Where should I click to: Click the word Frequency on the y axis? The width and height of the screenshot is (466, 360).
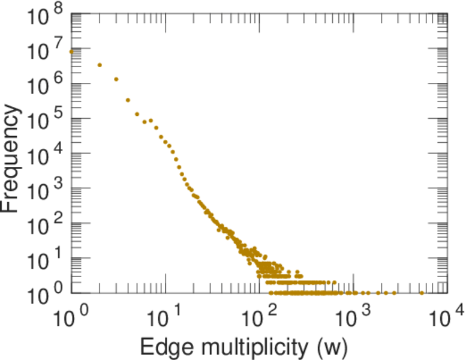tap(13, 159)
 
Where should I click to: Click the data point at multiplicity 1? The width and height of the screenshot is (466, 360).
tap(71, 52)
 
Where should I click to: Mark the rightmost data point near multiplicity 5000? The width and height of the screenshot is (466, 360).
tap(422, 293)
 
